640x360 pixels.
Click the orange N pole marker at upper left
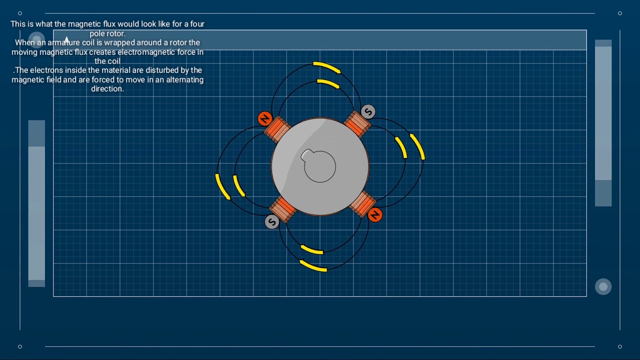(x=265, y=119)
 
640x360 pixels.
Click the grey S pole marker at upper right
(x=368, y=111)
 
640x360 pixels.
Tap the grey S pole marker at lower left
(x=271, y=222)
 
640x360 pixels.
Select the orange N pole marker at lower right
(x=375, y=215)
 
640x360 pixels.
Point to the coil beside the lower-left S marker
(x=283, y=209)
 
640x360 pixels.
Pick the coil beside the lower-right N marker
(x=362, y=203)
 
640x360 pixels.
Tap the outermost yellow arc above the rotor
(x=326, y=67)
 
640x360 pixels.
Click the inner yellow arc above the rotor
(x=328, y=83)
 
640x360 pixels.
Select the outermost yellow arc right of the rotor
(x=418, y=146)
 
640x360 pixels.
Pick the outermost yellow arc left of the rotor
(x=222, y=186)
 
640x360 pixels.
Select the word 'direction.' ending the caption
(x=107, y=89)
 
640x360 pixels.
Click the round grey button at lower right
(x=603, y=286)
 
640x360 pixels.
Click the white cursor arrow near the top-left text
(x=66, y=39)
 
